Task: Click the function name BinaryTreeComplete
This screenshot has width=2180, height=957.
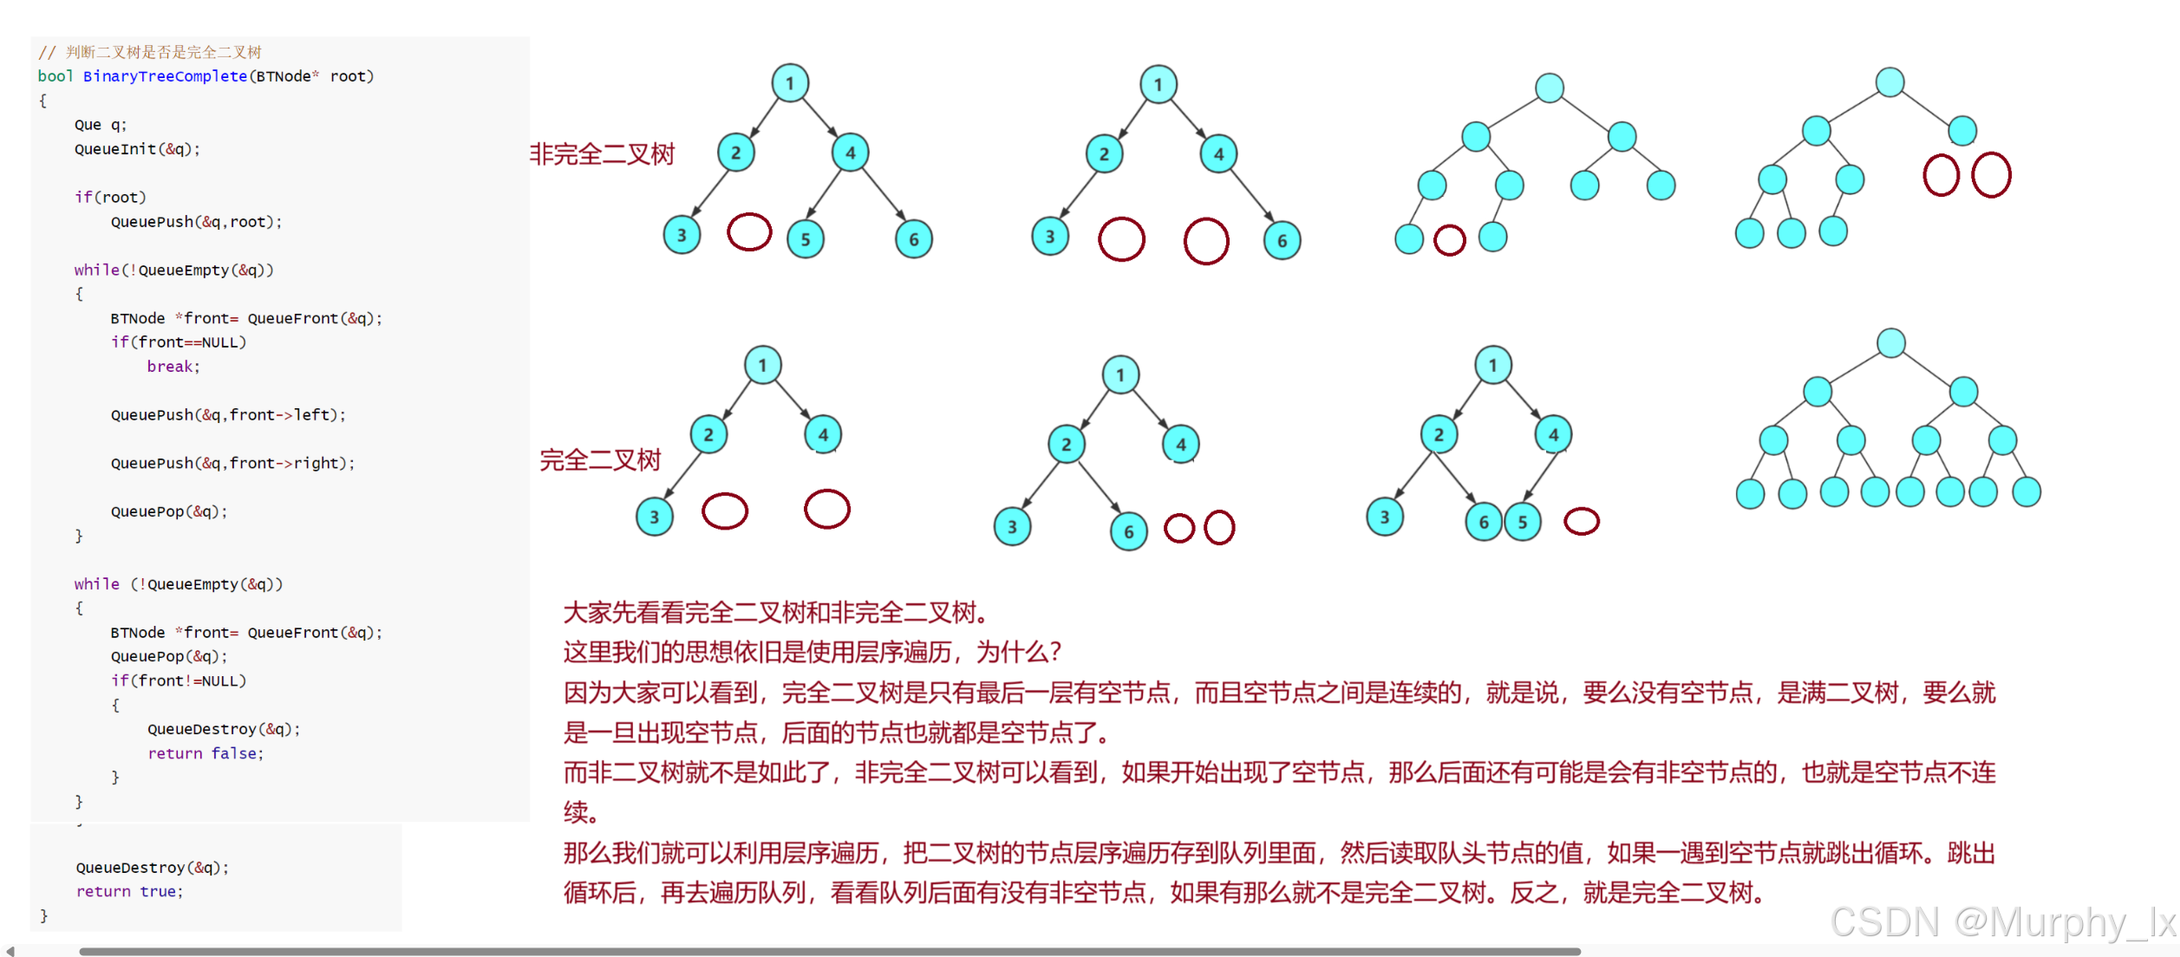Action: tap(165, 76)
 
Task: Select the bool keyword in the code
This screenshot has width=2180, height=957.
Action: tap(55, 76)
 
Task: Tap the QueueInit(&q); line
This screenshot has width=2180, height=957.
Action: tap(137, 149)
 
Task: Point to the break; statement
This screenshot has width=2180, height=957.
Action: tap(173, 367)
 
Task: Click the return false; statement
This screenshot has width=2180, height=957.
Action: tap(206, 753)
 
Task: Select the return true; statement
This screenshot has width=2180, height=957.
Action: tap(129, 891)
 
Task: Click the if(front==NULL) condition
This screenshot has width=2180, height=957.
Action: tap(179, 342)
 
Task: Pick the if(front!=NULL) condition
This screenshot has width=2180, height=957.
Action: tap(179, 680)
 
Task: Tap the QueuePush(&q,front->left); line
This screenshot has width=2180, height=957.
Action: tap(228, 415)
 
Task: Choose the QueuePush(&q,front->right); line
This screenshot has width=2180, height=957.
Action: tap(232, 463)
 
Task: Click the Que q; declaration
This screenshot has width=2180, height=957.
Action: tap(101, 125)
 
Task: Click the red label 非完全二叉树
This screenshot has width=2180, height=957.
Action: tap(602, 154)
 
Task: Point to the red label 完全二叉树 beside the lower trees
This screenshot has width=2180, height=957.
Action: tap(600, 459)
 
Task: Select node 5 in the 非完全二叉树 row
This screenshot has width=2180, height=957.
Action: tap(806, 239)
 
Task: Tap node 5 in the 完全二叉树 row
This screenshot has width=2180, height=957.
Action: tap(1523, 522)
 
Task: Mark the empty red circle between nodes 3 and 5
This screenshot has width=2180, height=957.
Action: tap(749, 232)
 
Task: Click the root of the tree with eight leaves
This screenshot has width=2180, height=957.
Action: tap(1890, 342)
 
